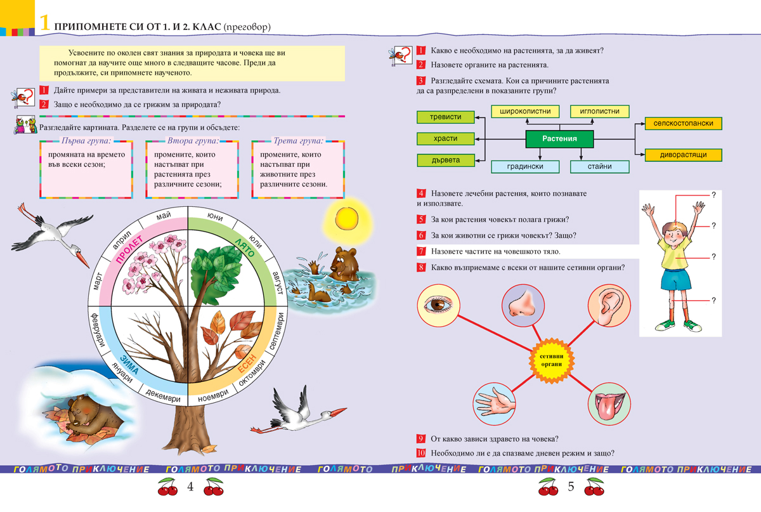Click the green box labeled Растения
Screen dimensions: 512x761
pos(559,138)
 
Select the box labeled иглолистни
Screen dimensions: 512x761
pos(599,112)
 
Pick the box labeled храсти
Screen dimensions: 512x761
pos(446,138)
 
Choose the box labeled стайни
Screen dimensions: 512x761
pos(599,167)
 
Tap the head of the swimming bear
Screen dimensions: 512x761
pos(344,262)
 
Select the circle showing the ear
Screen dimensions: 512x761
pos(608,306)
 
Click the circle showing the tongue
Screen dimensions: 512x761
pos(608,404)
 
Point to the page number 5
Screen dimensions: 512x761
pos(570,487)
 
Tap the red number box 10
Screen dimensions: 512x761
pos(420,453)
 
